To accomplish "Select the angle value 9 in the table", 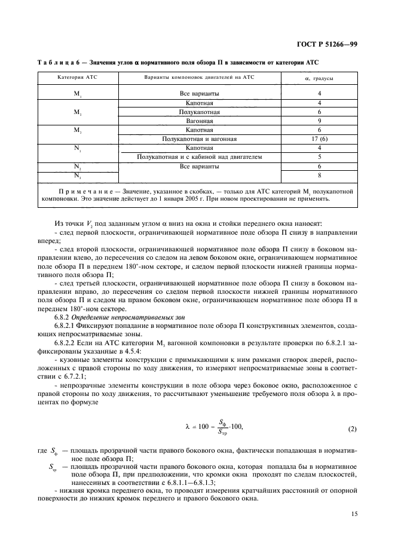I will [x=320, y=121].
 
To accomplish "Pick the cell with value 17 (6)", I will [x=320, y=139].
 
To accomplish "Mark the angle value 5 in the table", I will [x=320, y=156].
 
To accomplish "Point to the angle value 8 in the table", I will [x=320, y=176].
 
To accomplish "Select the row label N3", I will [x=78, y=176].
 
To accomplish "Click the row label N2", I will [x=78, y=167].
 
